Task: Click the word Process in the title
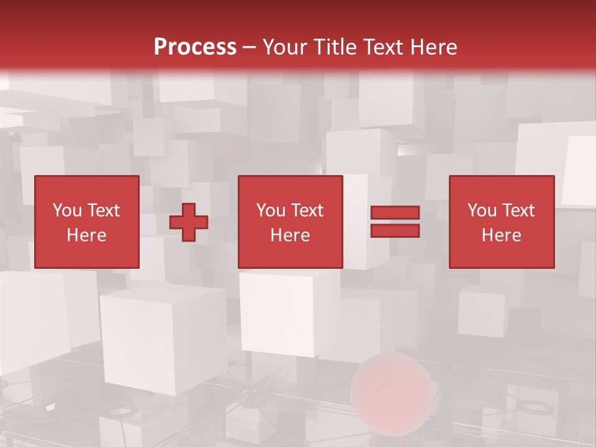pos(195,47)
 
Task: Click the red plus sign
pos(189,222)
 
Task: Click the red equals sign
pos(395,222)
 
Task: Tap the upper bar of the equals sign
pos(395,213)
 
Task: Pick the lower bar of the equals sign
pos(395,231)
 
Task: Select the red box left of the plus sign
pos(86,222)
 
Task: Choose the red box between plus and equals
pos(290,222)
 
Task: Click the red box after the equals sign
pos(502,222)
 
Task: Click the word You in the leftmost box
pos(66,210)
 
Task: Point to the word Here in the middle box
pos(290,235)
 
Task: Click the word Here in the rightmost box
pos(502,235)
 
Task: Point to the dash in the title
pos(249,47)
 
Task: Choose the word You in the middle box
pos(270,210)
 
